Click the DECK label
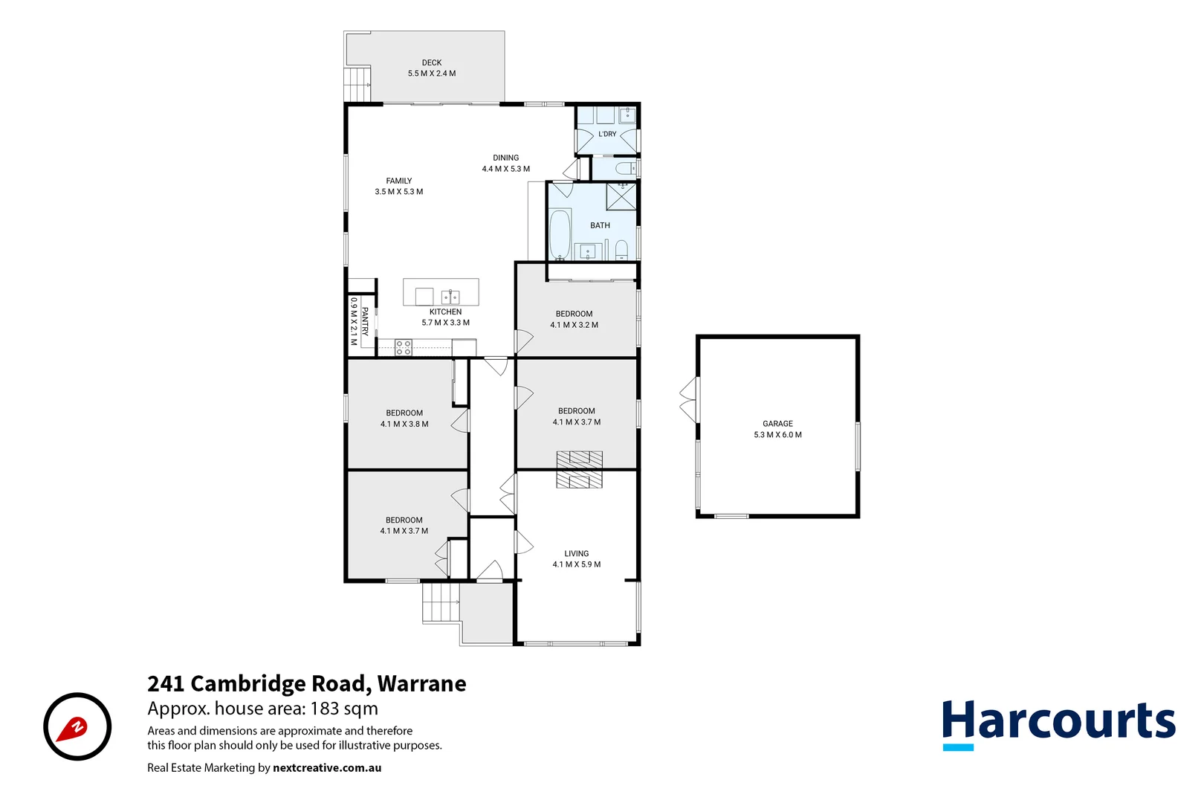click(x=432, y=63)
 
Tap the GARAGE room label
click(x=777, y=424)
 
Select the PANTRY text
click(x=364, y=322)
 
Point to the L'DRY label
click(x=607, y=134)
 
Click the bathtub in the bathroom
click(x=560, y=235)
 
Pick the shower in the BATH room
click(x=621, y=196)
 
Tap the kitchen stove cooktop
click(x=403, y=347)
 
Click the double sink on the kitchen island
click(x=450, y=297)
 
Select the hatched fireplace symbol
click(x=579, y=470)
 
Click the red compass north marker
click(x=72, y=729)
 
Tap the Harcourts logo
click(x=1059, y=724)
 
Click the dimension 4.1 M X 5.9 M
click(x=576, y=564)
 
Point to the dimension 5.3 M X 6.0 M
click(x=777, y=434)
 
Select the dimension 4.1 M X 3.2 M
click(x=574, y=325)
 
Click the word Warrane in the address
click(x=422, y=683)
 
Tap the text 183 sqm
click(x=344, y=709)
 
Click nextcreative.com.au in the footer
click(x=327, y=768)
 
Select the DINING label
click(x=506, y=158)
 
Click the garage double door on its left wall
click(x=688, y=399)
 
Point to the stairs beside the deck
click(x=357, y=84)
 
